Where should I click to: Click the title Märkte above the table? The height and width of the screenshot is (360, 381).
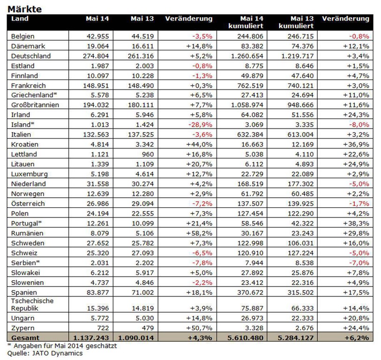(24, 9)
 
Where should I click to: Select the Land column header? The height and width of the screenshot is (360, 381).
(20, 18)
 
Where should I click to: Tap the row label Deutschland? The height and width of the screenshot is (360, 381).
(31, 56)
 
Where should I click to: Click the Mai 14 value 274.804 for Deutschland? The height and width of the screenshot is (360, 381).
(96, 56)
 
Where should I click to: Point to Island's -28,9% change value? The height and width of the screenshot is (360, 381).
(200, 125)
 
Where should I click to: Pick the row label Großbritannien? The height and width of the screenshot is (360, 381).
(35, 105)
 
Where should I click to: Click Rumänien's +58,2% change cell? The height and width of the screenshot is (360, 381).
(199, 233)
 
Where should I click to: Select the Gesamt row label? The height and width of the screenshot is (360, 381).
(25, 337)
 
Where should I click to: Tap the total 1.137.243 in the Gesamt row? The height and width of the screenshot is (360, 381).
(91, 337)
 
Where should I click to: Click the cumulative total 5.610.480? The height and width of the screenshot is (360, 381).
(245, 337)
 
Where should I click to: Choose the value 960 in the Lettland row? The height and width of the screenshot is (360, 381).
(148, 154)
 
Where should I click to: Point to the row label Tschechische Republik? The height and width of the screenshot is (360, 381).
(32, 304)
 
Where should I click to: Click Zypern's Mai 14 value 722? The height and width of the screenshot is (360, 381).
(103, 328)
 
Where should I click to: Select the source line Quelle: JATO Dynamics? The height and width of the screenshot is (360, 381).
(45, 353)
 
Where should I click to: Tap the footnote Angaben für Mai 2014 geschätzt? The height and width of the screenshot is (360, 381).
(65, 345)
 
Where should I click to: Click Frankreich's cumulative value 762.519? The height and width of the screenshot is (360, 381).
(250, 86)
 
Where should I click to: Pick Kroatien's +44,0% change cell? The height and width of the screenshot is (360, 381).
(199, 144)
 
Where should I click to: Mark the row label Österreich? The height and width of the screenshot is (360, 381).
(28, 203)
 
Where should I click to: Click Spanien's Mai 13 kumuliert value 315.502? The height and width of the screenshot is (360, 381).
(300, 292)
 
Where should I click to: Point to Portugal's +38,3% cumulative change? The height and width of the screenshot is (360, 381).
(356, 223)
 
